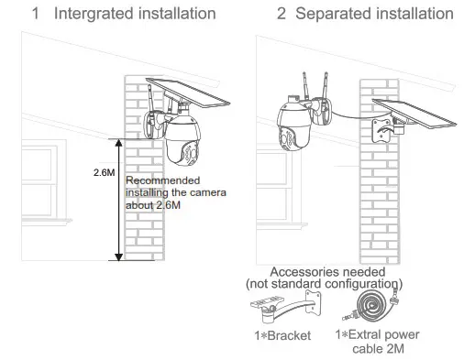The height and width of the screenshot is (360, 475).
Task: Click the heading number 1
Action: (36, 14)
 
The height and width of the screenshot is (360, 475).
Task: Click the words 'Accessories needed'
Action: (327, 273)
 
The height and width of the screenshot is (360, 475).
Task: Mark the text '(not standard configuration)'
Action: (327, 285)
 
